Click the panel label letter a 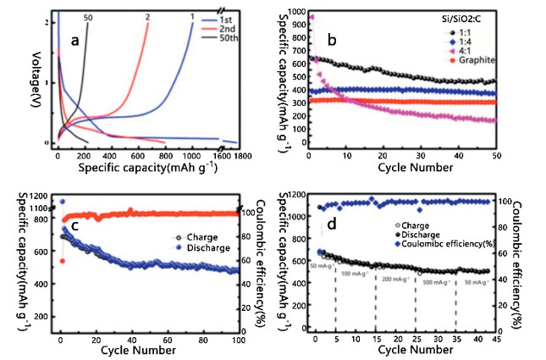click(75, 40)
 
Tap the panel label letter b click(333, 40)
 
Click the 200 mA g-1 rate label click(397, 279)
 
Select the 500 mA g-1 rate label click(436, 279)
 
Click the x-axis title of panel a click(147, 168)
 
